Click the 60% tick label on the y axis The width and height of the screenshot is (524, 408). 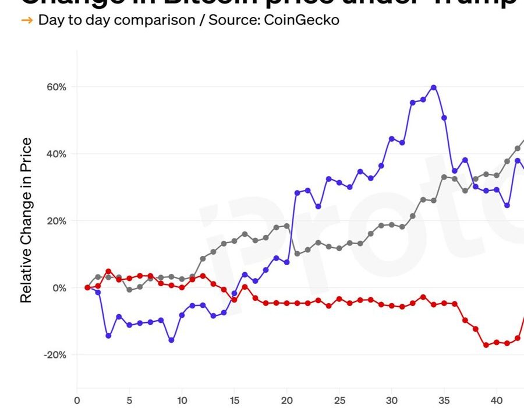[56, 87]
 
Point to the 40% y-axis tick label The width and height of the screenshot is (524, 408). [56, 154]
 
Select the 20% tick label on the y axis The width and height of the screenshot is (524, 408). [56, 221]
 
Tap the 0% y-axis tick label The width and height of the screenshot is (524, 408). [59, 288]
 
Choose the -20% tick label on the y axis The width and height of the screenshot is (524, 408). [55, 355]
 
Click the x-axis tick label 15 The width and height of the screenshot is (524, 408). [234, 400]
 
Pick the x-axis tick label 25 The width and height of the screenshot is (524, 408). [339, 400]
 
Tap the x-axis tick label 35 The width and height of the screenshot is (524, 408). [444, 400]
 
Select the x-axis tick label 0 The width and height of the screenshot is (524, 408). [77, 400]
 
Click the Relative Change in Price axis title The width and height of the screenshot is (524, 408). [26, 220]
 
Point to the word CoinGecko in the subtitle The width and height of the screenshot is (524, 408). [302, 20]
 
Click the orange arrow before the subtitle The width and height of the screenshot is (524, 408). [27, 20]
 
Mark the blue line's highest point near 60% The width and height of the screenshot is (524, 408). [433, 87]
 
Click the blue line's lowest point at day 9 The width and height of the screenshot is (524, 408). [171, 340]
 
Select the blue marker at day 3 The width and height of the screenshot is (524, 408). [108, 336]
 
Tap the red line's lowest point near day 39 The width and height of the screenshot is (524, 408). [486, 345]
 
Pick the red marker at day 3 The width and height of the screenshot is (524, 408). [108, 272]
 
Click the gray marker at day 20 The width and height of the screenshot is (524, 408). [286, 226]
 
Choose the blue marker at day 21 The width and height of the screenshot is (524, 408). [297, 192]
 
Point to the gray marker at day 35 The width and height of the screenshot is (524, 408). [444, 177]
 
